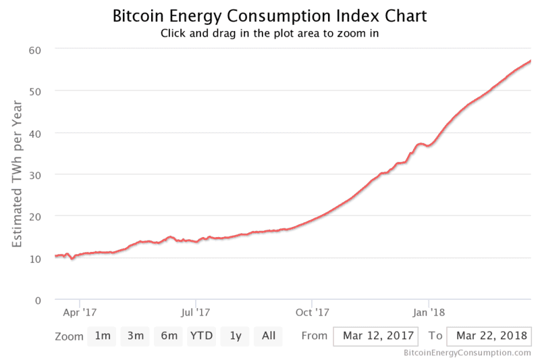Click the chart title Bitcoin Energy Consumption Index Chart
(x=270, y=15)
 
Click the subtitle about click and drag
(x=270, y=33)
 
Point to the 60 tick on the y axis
(x=35, y=49)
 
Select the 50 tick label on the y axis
(x=35, y=91)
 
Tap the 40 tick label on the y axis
(x=35, y=133)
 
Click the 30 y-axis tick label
(x=35, y=174)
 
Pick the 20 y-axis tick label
(x=35, y=216)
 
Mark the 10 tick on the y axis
(x=35, y=258)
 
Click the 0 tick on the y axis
(x=38, y=300)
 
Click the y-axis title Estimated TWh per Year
(x=18, y=174)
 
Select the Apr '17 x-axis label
(x=80, y=313)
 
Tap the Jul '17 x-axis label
(x=196, y=313)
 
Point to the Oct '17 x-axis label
(x=313, y=313)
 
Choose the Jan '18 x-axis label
(x=429, y=313)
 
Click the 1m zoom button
(x=102, y=336)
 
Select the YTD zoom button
(x=201, y=336)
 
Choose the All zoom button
(x=268, y=336)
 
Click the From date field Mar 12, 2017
(x=375, y=336)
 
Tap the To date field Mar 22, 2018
(x=489, y=336)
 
